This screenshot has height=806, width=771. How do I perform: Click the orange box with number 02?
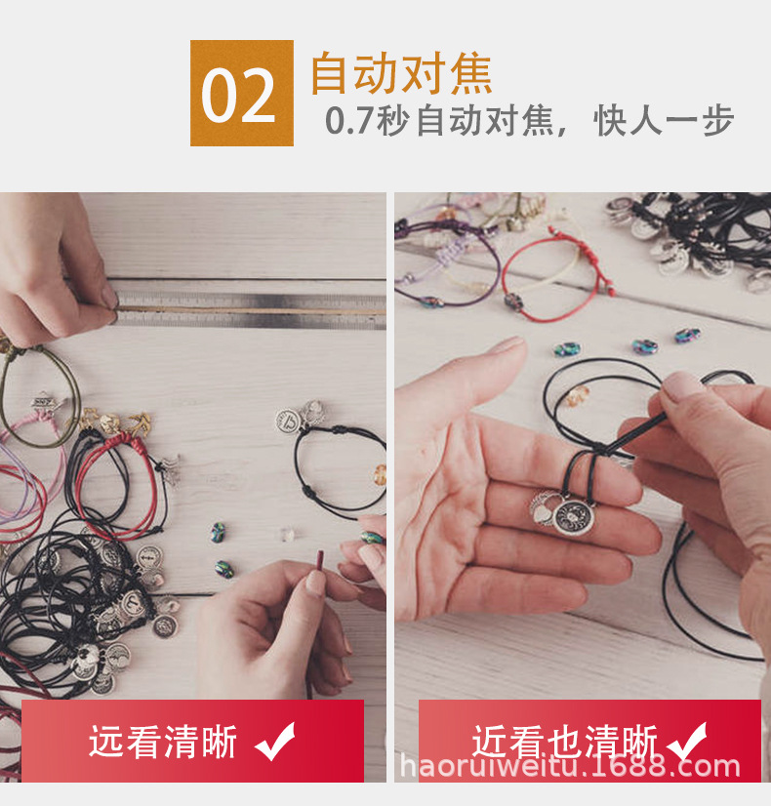(x=242, y=93)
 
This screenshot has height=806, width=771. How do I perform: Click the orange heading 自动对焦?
(x=401, y=73)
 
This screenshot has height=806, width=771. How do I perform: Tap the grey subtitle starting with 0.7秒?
(x=529, y=121)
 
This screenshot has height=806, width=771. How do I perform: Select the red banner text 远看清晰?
(x=163, y=742)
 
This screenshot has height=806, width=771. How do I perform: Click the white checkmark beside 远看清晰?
(x=275, y=742)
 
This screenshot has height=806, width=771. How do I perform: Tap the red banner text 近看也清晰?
(x=564, y=742)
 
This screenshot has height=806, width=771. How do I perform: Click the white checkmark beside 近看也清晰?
(x=688, y=742)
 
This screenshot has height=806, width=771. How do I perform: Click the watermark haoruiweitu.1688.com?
(x=570, y=766)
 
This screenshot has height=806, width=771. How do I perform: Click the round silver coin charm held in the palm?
(x=573, y=515)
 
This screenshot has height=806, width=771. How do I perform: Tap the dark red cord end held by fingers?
(x=320, y=561)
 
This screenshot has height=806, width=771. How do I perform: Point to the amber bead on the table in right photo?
(x=578, y=395)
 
